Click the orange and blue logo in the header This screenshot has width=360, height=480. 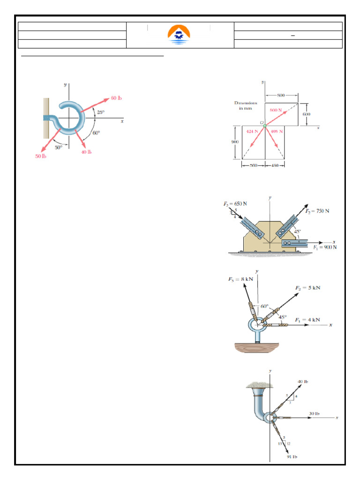point(179,35)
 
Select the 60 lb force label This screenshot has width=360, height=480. point(116,98)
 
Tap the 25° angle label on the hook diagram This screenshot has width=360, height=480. point(101,112)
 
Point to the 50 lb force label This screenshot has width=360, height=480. point(41,156)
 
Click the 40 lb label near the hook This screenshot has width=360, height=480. point(86,152)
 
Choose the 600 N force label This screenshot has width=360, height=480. point(276,110)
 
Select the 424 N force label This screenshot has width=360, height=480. point(253,131)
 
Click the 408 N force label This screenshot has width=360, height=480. point(277,131)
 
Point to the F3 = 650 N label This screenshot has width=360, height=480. point(235,204)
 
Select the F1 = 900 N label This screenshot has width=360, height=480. point(325,247)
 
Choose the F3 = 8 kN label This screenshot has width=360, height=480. point(240,279)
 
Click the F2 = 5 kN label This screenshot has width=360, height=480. point(307,287)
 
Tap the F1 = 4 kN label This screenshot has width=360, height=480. point(307,319)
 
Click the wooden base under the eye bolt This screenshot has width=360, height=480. point(257,347)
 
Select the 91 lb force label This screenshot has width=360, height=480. point(292,456)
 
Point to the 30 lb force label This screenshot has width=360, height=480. point(314,413)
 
